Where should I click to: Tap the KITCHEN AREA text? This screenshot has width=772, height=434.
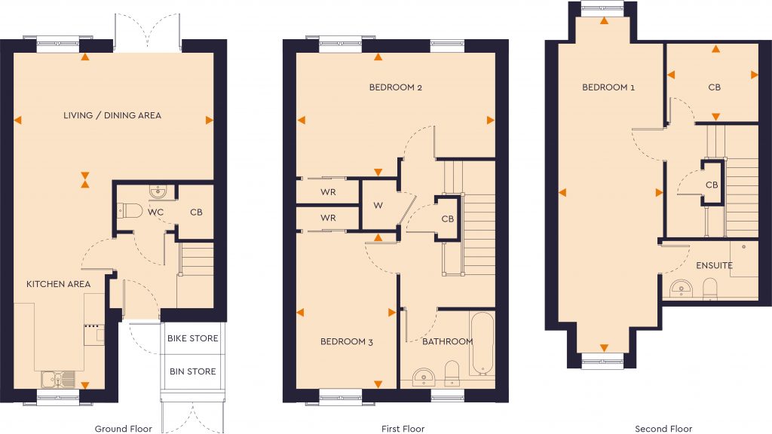pos(59,284)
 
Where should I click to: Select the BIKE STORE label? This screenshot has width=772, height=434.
pos(192,338)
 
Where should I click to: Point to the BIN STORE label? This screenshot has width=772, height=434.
pos(192,371)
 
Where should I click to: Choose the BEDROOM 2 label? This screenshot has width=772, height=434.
pos(395,87)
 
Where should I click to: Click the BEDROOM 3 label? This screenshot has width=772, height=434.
pos(347,342)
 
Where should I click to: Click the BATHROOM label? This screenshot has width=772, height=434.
pos(447,342)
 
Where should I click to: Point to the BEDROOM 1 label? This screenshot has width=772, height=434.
pos(608,87)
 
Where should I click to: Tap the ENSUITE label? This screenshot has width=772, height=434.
pos(714,265)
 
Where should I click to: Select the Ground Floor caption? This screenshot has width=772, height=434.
pos(123,429)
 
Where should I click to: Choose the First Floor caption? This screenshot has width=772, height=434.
pos(403,429)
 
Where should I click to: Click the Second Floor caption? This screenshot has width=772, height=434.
pos(663,429)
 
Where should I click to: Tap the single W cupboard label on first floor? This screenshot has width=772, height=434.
pos(378,204)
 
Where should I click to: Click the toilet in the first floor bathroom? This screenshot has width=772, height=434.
pos(452,371)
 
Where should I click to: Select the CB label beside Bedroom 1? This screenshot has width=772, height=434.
pos(714,87)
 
